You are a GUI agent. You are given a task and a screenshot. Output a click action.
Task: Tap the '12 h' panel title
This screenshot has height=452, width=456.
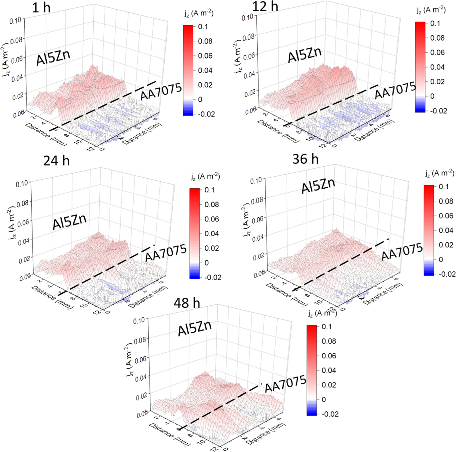[265, 6]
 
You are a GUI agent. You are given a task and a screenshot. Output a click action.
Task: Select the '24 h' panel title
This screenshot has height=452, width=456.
[56, 161]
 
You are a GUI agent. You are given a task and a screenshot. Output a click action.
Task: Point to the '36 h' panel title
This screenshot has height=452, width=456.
[305, 159]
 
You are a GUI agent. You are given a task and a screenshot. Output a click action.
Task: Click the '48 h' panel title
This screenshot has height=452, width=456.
[187, 303]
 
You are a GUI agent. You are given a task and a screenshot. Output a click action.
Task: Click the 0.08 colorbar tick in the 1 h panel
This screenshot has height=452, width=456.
[205, 41]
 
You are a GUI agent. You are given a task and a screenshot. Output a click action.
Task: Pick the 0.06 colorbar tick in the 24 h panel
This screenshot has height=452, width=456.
[212, 219]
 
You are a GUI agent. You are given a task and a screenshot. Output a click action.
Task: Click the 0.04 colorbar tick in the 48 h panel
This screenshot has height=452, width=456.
[329, 370]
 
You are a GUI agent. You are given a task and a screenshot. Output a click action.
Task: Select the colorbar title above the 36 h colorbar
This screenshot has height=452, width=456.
[439, 173]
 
